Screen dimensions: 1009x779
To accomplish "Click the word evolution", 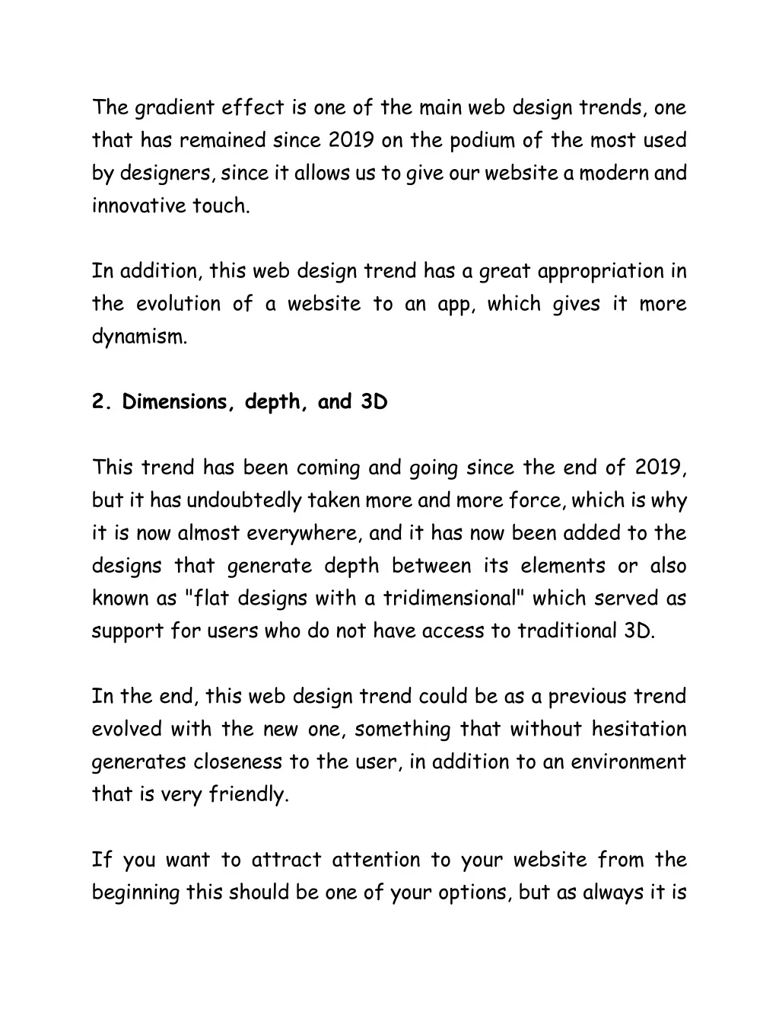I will point(179,304).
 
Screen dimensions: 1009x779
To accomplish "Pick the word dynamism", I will point(138,337).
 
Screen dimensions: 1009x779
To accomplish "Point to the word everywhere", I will point(304,534).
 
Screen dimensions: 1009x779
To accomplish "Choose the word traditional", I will point(563,631).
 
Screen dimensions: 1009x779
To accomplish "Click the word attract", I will point(281,861).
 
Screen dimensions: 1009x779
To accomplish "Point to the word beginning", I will point(136,893).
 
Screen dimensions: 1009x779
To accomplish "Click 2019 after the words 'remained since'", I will point(353,141).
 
